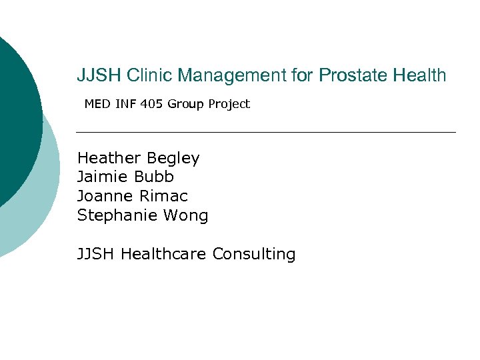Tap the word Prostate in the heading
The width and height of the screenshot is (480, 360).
pos(351,76)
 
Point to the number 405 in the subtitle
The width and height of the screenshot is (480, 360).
pos(152,104)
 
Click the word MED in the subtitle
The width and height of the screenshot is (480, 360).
pos(97,104)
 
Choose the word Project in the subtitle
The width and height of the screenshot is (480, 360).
pos(228,104)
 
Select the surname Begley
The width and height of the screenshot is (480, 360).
pos(173,159)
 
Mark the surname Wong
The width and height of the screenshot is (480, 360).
pos(190,216)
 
